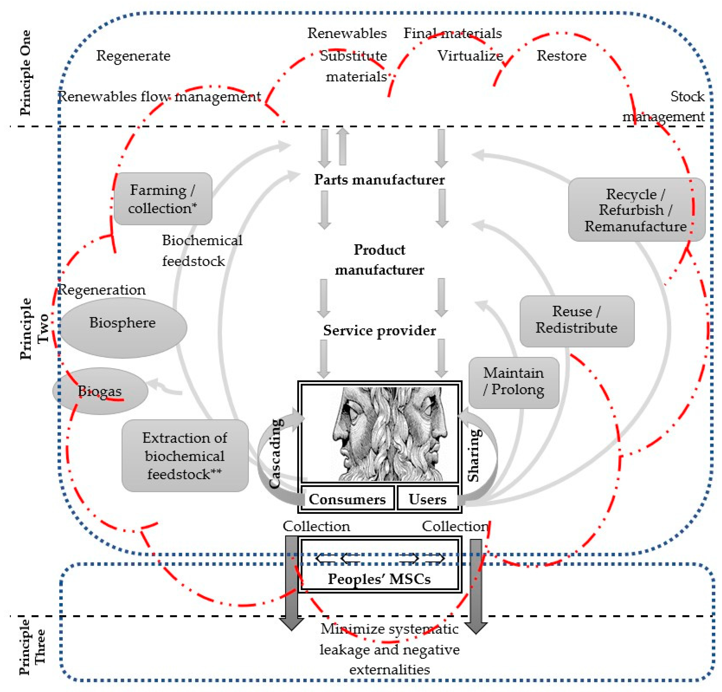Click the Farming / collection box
point(163,199)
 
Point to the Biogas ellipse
point(100,391)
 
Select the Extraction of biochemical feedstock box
point(185,455)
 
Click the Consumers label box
point(347,499)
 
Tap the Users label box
point(427,499)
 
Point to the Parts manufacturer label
point(379,180)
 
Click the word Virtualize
point(470,56)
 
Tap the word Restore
point(561,56)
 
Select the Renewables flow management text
point(160,97)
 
